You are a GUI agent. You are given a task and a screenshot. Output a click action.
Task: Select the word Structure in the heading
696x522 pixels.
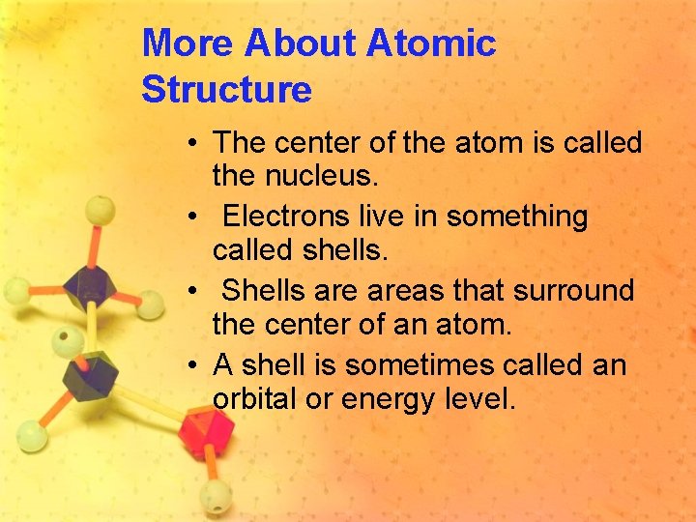click(x=226, y=89)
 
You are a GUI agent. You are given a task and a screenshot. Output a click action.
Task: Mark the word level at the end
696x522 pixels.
click(x=480, y=399)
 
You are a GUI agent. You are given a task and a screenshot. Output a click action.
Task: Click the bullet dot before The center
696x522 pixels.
click(x=194, y=143)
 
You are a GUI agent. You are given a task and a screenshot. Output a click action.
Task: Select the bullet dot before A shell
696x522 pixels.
click(x=194, y=365)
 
